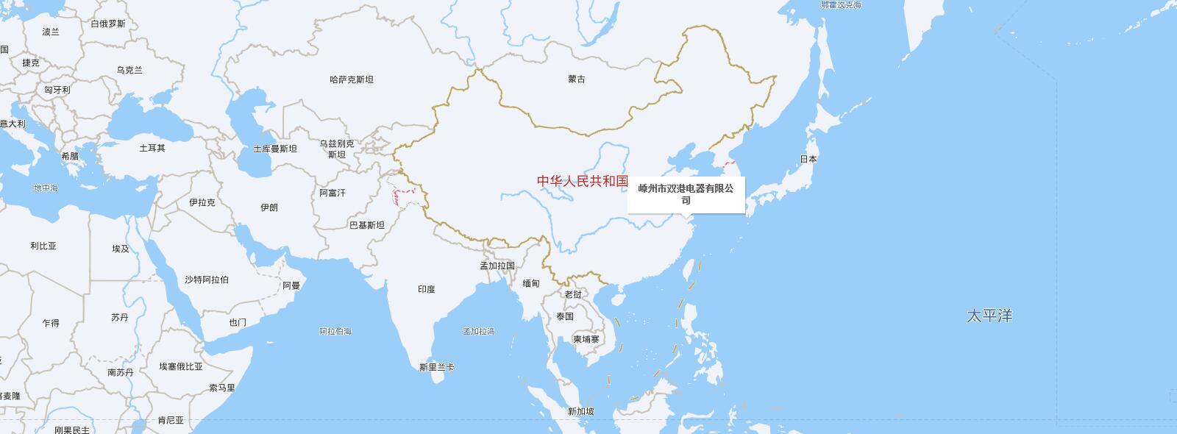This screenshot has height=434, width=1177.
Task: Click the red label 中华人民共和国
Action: click(x=583, y=181)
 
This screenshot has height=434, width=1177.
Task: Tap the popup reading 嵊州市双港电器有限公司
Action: click(x=686, y=194)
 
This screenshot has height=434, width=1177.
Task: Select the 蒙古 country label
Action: click(x=577, y=79)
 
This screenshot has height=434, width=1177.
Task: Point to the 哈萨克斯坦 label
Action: click(x=352, y=79)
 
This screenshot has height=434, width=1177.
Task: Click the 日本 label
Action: click(x=808, y=159)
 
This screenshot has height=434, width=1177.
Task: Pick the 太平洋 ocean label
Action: click(x=989, y=316)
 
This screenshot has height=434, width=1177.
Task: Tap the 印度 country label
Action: click(x=427, y=289)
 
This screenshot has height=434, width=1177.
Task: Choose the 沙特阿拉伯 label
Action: click(x=207, y=280)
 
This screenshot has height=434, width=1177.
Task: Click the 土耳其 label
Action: click(x=152, y=148)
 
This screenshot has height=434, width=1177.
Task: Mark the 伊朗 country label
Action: click(x=269, y=207)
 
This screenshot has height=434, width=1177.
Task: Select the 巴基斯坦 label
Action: click(x=366, y=225)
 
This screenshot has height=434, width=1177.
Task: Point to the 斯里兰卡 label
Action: click(x=436, y=366)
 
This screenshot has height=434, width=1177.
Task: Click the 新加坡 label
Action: click(x=580, y=411)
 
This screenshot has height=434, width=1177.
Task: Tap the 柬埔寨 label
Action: click(x=586, y=339)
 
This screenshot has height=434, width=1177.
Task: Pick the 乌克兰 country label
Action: click(x=129, y=70)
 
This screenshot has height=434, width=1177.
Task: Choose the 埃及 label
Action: click(x=121, y=249)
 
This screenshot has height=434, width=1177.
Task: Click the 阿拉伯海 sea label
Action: click(x=335, y=331)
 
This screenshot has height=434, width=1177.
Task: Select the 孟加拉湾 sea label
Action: click(x=479, y=331)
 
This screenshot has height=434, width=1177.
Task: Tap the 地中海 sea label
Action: click(x=46, y=188)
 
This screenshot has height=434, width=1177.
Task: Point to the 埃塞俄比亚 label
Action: click(x=181, y=366)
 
